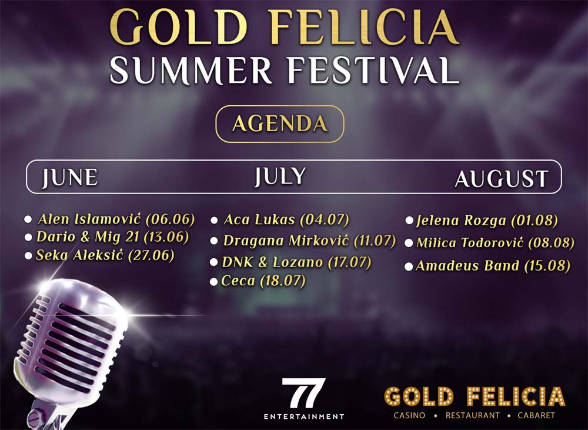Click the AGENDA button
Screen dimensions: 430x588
(279, 124)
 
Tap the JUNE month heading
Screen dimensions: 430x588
(69, 178)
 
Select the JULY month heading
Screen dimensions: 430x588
(280, 176)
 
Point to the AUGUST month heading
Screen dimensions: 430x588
(501, 179)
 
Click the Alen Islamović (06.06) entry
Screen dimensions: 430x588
(116, 219)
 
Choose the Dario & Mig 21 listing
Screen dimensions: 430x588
(112, 237)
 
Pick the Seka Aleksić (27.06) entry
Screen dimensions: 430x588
(105, 255)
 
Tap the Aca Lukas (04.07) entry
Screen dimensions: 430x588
(286, 220)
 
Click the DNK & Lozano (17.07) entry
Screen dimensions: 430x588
(296, 262)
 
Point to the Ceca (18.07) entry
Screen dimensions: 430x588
(263, 281)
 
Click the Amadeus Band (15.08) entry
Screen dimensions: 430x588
(493, 266)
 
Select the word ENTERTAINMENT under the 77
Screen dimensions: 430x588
(303, 416)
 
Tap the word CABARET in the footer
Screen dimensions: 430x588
(536, 415)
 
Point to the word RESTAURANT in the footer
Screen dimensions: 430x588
(473, 415)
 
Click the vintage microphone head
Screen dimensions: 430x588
(71, 335)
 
